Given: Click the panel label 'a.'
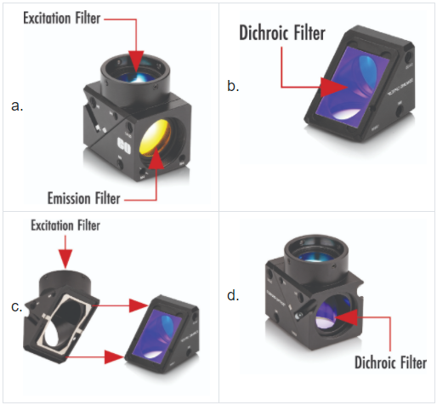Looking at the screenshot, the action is point(17,106).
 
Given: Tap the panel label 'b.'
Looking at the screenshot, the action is point(233,86).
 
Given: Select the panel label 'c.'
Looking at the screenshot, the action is point(17,306).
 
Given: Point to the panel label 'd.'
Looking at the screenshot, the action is point(233,295).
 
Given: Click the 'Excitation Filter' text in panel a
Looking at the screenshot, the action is point(62,18).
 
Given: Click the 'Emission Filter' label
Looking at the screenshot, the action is point(84,198).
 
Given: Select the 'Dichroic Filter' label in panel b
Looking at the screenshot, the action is point(282,32).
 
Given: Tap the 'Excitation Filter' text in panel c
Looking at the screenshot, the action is point(65,225).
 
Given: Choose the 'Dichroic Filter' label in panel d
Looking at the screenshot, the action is point(390,362).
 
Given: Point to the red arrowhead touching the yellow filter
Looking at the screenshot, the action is point(156,161).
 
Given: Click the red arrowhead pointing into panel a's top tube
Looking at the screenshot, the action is point(136,60).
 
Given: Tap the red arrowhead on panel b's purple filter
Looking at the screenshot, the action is point(333,87).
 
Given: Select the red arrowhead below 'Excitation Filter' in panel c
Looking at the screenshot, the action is point(65,259).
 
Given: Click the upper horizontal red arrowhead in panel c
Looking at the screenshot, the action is point(139,305).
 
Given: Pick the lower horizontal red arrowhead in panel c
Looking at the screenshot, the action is point(114,357).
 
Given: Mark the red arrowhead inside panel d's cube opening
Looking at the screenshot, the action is point(346,317).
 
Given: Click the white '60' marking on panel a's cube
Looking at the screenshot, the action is point(124,145).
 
